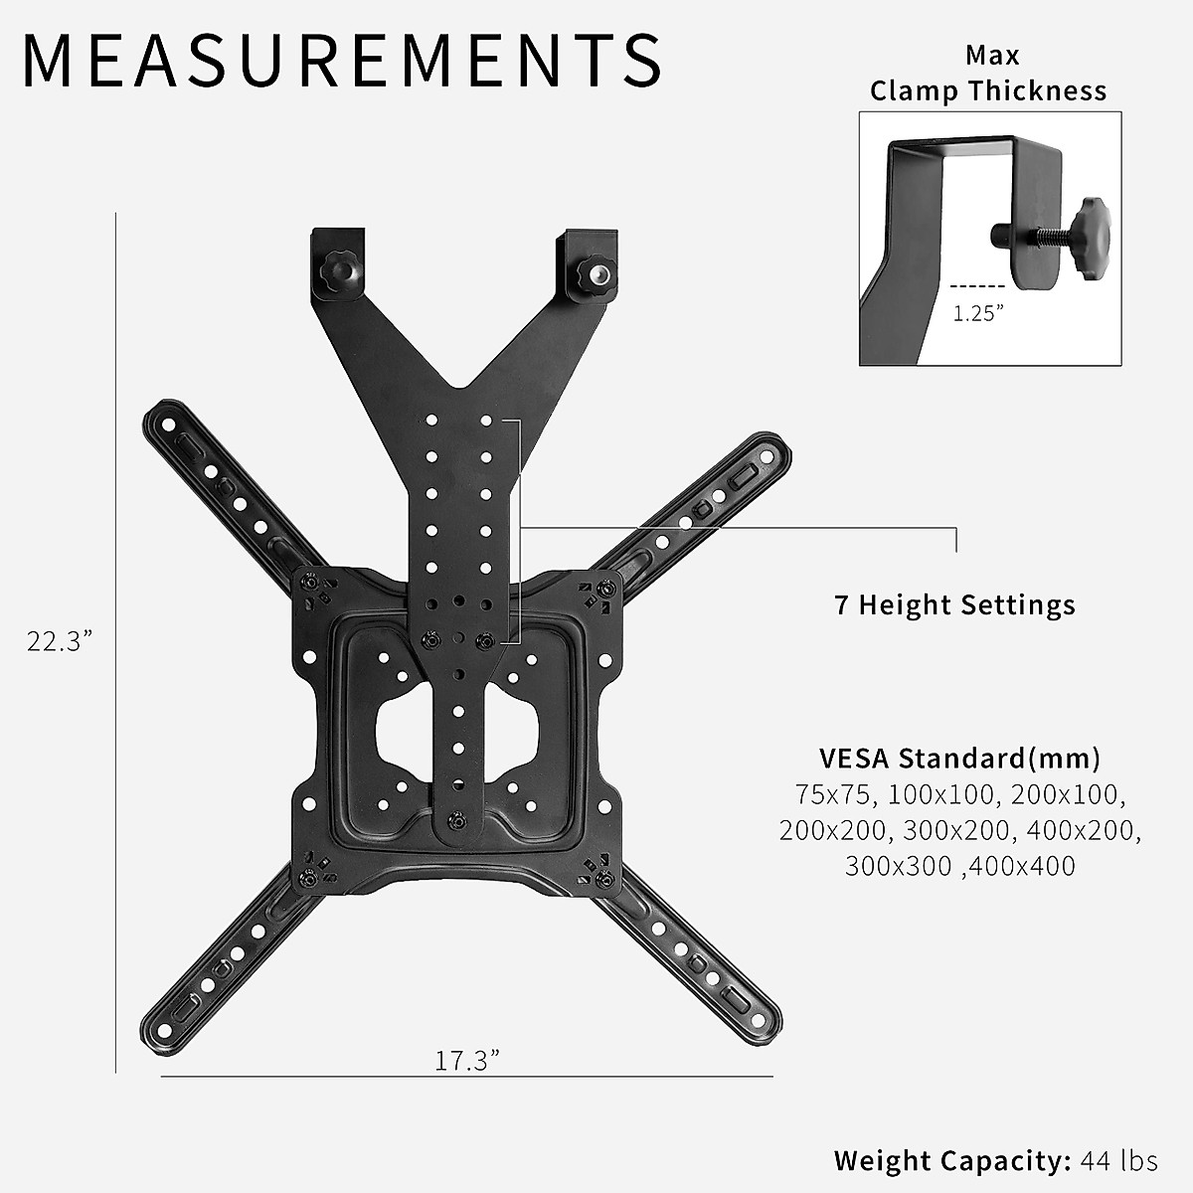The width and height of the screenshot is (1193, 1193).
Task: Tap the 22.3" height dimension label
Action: (x=61, y=641)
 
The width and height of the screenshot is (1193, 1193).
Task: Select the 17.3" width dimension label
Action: (x=466, y=1060)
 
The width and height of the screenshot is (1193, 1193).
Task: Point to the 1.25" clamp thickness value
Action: (x=978, y=313)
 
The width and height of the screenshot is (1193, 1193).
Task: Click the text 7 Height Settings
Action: (x=954, y=604)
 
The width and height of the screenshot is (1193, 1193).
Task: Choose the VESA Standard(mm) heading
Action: (x=959, y=759)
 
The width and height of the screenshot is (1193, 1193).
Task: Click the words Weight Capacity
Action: (x=951, y=1160)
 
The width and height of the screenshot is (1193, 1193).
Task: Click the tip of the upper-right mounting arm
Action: (x=773, y=448)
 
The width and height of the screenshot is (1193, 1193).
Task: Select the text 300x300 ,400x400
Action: (x=959, y=866)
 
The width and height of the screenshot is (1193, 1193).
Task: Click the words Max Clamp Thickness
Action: (x=989, y=73)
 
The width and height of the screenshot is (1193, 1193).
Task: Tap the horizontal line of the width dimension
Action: (x=466, y=1076)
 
